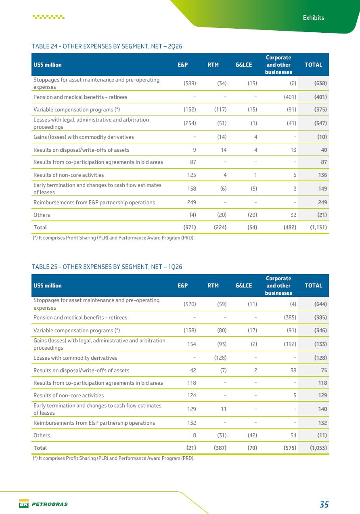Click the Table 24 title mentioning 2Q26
click(x=107, y=46)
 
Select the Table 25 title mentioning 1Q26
click(x=107, y=267)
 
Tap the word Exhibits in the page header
click(x=314, y=18)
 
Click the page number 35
click(x=324, y=504)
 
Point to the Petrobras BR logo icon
click(x=24, y=504)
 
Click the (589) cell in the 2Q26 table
click(x=190, y=83)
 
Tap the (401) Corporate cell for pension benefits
click(x=290, y=97)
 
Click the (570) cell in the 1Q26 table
click(x=190, y=304)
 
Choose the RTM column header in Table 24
click(x=213, y=65)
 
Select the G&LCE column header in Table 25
click(x=243, y=285)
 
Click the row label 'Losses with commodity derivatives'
click(x=75, y=358)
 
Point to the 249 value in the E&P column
click(x=191, y=202)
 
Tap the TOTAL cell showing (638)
click(x=320, y=83)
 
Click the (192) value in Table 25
click(x=290, y=344)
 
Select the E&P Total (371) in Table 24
click(x=190, y=227)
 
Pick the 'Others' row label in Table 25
click(x=42, y=435)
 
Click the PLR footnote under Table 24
click(x=113, y=238)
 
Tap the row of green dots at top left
click(x=48, y=17)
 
